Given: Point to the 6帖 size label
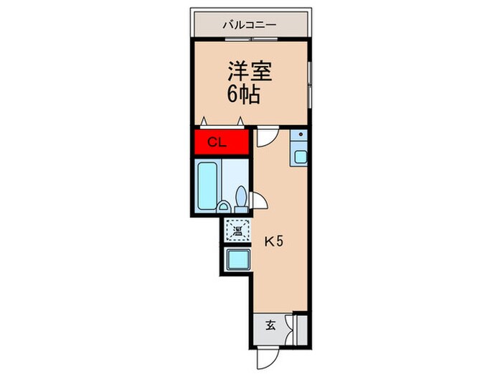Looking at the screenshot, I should coord(243,94).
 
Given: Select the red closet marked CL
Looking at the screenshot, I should coord(218,142).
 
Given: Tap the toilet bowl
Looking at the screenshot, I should coord(241,197).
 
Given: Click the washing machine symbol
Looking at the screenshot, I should coord(235,231).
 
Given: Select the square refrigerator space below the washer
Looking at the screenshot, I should coord(235,259).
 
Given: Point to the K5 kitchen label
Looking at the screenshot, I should coord(275,241).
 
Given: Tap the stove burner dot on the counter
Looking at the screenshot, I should coord(300,135).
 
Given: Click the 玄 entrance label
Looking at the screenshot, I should coord(270,325).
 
